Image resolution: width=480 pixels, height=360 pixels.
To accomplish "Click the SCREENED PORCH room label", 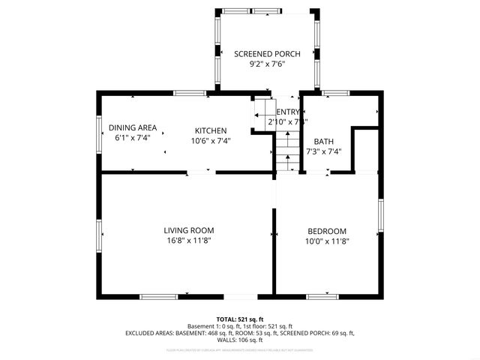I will tap(267, 54).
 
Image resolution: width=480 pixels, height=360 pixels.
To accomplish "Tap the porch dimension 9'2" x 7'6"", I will tap(267, 64).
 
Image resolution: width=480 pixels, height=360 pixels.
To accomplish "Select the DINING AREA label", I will tap(133, 127).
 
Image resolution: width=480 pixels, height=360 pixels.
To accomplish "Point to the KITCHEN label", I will tap(211, 129).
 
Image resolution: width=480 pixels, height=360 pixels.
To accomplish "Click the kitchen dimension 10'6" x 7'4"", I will tap(211, 140).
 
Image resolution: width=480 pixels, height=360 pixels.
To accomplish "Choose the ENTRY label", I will tap(287, 111).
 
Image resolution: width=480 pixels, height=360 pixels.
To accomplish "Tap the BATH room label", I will tap(324, 141).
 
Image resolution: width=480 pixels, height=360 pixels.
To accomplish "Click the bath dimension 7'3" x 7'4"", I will tap(324, 151).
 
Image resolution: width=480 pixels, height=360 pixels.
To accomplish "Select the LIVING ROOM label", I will tap(189, 230).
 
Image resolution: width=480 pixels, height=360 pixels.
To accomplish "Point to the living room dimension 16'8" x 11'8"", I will tap(189, 241).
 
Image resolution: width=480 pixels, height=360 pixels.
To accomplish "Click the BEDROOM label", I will tap(327, 230).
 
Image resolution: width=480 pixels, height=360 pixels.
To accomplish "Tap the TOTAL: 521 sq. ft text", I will tap(240, 319).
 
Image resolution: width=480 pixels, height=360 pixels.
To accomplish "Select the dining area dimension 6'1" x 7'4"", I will tap(133, 139).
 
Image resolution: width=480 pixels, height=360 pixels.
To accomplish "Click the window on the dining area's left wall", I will tap(99, 133).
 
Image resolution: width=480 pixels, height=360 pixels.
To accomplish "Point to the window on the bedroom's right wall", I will tap(381, 216).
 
